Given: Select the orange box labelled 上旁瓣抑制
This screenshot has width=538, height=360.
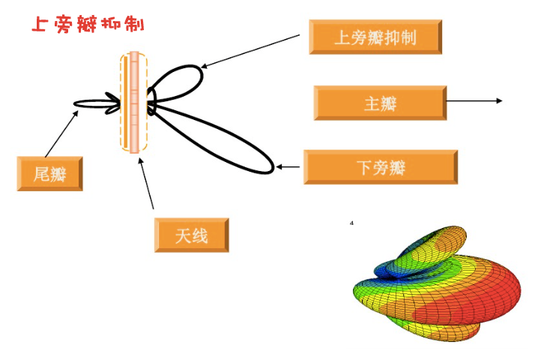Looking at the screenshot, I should pos(375,37).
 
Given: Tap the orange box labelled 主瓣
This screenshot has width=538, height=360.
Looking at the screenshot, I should pos(380,103).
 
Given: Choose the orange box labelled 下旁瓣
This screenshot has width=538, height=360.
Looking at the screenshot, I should pos(380,166).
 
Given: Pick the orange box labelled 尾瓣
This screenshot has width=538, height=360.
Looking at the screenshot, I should pos(49,174).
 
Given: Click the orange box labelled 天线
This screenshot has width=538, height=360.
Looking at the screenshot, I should pos(191,235).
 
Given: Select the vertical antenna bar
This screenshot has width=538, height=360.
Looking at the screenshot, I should pos(134,101).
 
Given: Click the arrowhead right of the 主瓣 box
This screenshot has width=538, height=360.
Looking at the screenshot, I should pos(499,100).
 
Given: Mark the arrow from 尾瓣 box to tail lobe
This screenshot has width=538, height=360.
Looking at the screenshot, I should pos(61,133).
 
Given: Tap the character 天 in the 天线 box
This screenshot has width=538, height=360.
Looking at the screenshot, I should pos(183,236).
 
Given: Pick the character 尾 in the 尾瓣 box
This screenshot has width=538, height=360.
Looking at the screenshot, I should pos(42,175).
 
